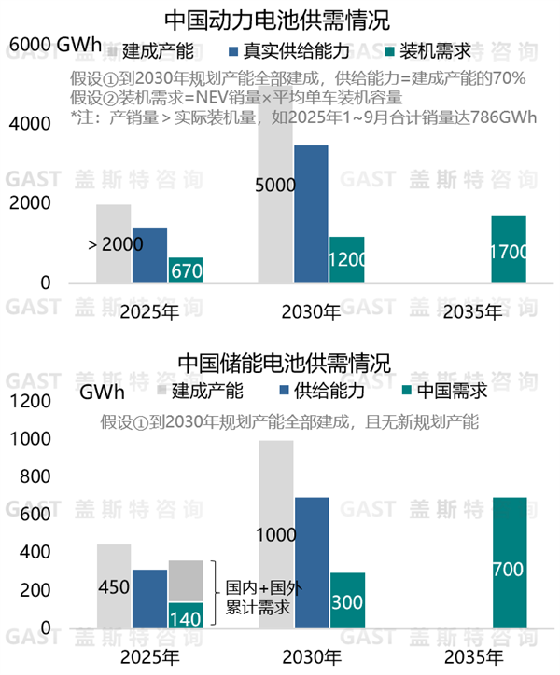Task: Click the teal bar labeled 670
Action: tap(186, 270)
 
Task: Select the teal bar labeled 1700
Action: tap(509, 250)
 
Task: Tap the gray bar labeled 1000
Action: tap(275, 536)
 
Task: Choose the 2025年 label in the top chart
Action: tap(149, 311)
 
